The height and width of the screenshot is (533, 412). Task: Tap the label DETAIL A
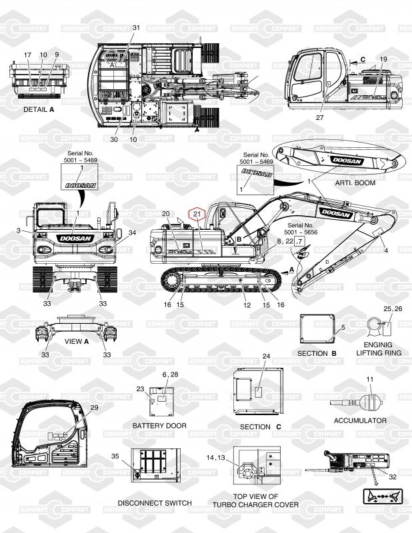tap(39, 109)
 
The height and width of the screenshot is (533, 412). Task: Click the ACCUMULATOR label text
tap(360, 420)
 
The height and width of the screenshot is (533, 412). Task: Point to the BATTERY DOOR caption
tap(159, 425)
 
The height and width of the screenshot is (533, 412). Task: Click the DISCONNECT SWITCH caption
tap(155, 502)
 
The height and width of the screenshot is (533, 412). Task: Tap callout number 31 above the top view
tap(137, 27)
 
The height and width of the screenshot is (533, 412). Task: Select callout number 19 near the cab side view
tap(383, 59)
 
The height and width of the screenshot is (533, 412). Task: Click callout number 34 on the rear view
tap(132, 233)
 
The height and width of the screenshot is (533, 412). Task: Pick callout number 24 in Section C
tap(266, 356)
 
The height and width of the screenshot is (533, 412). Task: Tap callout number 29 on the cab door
tap(94, 407)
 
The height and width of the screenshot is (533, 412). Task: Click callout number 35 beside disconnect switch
tap(115, 456)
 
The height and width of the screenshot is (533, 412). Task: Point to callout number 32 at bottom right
tap(393, 476)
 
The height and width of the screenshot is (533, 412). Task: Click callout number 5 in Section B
tap(343, 328)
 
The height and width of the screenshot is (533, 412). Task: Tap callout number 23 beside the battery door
tap(140, 389)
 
